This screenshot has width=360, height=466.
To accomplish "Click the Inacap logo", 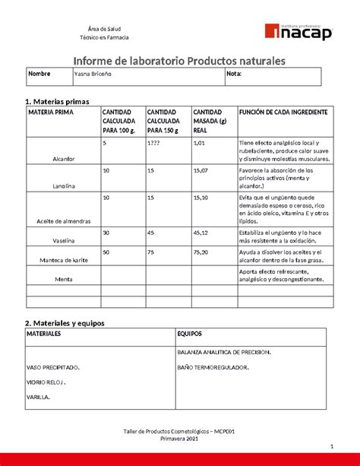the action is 298,31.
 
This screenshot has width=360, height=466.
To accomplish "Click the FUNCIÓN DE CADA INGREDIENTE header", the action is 283,112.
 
